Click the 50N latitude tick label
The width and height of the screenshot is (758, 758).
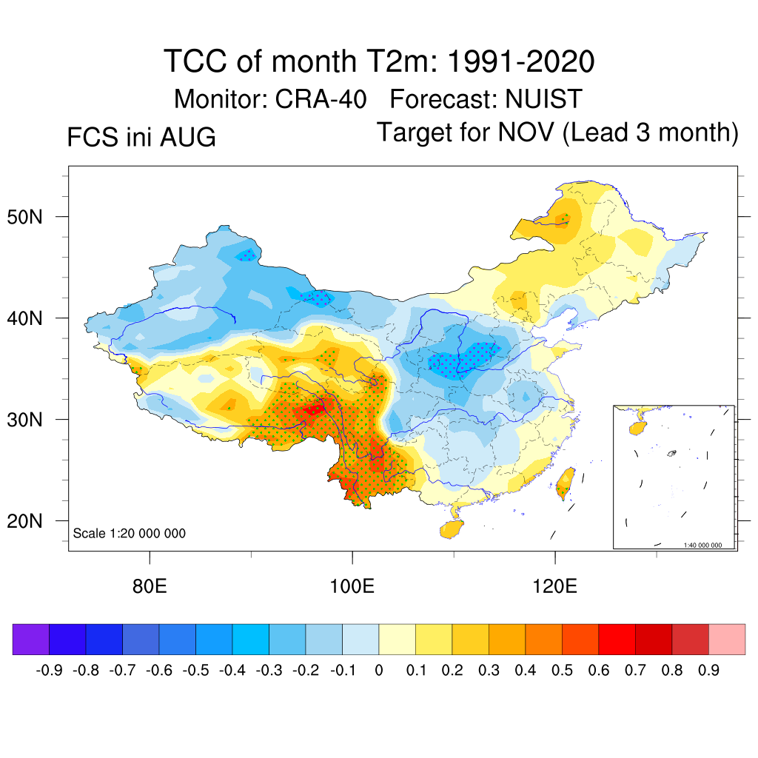24,217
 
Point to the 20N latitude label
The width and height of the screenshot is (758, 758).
24,521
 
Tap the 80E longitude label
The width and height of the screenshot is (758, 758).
150,586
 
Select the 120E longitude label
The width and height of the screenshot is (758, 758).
554,586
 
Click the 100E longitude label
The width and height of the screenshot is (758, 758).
352,586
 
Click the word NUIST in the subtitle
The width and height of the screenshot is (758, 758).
544,99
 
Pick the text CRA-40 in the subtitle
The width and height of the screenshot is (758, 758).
321,99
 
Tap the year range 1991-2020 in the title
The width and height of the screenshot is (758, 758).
520,61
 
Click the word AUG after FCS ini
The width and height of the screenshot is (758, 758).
187,137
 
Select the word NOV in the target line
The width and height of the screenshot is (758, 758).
526,132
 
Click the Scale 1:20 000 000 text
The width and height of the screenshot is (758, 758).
129,533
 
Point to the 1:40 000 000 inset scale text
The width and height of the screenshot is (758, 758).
702,546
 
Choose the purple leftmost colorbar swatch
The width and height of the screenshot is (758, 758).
31,639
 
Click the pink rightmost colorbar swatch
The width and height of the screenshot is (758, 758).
727,639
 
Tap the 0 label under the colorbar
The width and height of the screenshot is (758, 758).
379,671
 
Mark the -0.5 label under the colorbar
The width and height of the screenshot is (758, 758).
195,671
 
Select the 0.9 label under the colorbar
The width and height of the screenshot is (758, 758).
708,671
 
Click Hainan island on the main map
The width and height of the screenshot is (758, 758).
452,529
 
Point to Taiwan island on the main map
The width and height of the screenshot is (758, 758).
565,483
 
